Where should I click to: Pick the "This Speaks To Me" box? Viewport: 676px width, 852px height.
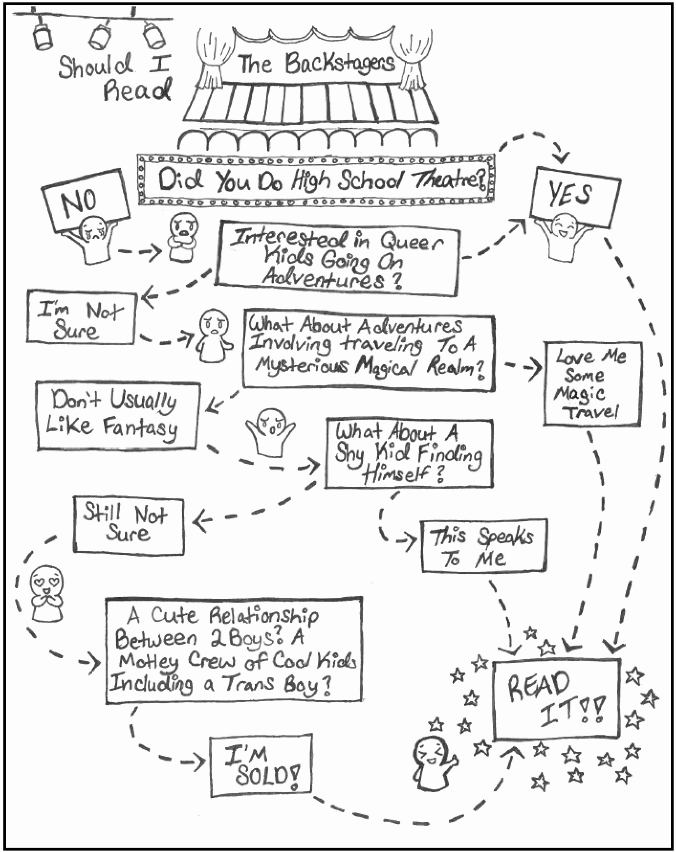(483, 546)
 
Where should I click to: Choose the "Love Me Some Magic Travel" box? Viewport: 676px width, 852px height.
(592, 383)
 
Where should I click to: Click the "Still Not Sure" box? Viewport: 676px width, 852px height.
(128, 525)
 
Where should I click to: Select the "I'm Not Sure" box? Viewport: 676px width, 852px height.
(80, 317)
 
